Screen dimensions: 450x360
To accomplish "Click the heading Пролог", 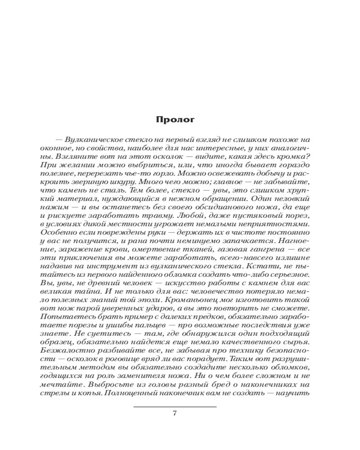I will tap(175, 120).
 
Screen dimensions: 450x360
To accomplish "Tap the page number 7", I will tap(175, 414).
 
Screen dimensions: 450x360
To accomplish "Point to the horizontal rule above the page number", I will tap(175, 407).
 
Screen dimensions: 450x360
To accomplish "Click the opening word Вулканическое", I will tap(90, 140).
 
